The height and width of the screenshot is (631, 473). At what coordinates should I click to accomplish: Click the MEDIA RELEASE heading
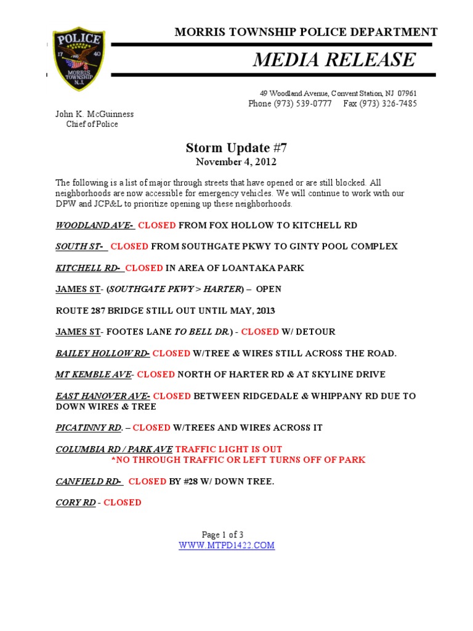(x=333, y=60)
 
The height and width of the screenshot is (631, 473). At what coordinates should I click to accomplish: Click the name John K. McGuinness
(x=94, y=114)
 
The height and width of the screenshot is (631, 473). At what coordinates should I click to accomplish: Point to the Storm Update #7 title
(x=236, y=148)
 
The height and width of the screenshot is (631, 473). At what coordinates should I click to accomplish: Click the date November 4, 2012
(x=236, y=162)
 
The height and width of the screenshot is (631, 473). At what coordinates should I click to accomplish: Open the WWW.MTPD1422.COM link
(x=227, y=545)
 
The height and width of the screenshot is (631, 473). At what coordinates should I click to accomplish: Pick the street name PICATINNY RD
(x=87, y=428)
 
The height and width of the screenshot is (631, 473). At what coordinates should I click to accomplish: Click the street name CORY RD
(x=76, y=502)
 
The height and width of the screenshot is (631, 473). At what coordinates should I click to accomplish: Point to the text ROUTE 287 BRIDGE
(x=99, y=310)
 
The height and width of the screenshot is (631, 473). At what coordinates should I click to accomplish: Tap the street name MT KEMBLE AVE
(x=93, y=374)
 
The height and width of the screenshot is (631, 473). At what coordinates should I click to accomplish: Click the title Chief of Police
(x=92, y=124)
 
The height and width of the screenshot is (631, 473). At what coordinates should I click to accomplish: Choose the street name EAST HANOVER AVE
(x=102, y=396)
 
